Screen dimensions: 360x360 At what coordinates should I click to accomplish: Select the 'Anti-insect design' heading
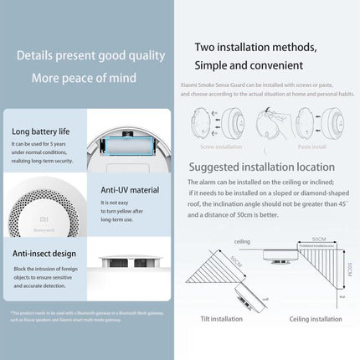pyautogui.click(x=43, y=250)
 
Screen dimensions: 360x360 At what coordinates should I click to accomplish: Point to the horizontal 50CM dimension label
pyautogui.click(x=317, y=239)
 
